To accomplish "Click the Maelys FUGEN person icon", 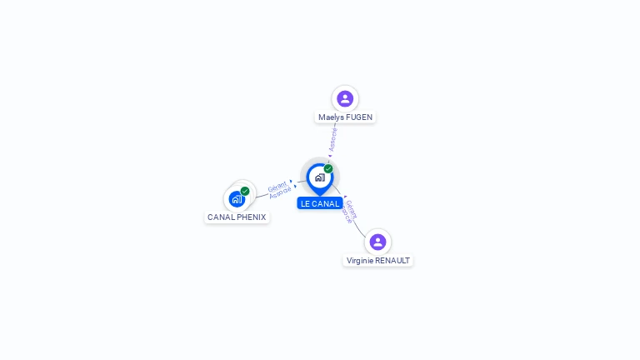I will coord(345,99).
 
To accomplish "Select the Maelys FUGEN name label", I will coord(345,117).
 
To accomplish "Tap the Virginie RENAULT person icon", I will coord(377,242).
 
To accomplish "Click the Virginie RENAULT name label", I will coord(378,260).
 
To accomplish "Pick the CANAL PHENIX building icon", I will coord(237,199).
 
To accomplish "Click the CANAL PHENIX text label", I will coord(237,217).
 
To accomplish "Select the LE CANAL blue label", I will coord(320,203).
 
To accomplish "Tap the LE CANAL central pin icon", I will coord(319,177).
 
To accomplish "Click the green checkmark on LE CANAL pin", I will coord(328,169).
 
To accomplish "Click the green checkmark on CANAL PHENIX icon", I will coord(245,191).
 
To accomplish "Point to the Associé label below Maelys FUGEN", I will coord(333,138).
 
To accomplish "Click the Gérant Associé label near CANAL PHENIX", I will coord(280,189).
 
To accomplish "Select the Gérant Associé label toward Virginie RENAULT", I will coord(350,211).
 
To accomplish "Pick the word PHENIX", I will coord(251,217).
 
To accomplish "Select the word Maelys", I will coord(330,117).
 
